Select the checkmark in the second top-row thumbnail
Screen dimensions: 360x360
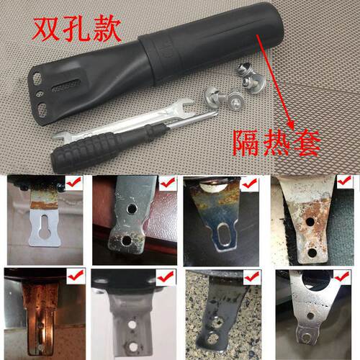tap(166, 184)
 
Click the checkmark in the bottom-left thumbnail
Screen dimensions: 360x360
tap(76, 276)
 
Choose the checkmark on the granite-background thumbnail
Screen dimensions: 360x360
tap(252, 276)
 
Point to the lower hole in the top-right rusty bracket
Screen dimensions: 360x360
tap(311, 253)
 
